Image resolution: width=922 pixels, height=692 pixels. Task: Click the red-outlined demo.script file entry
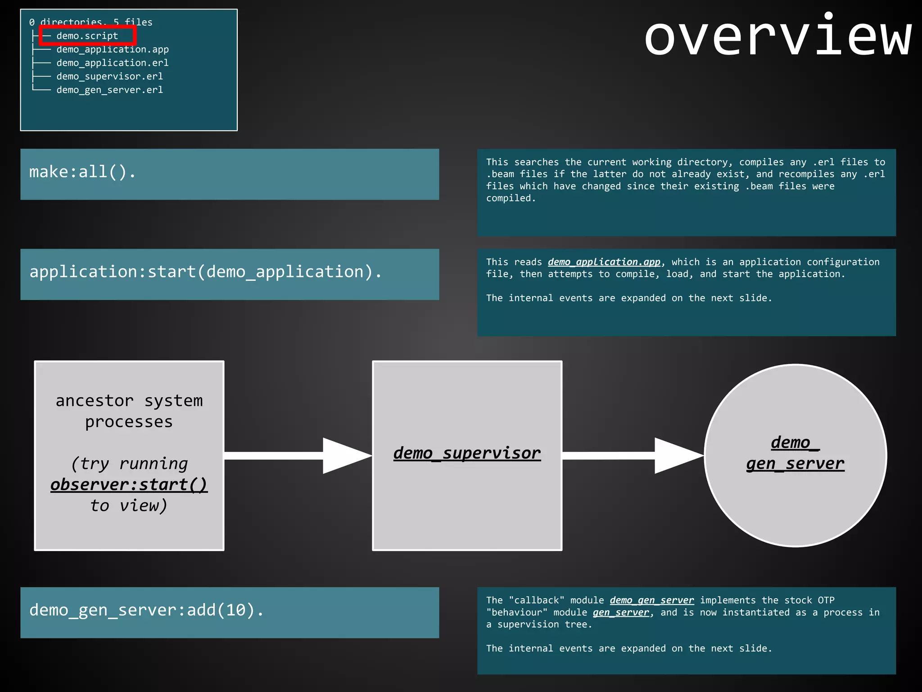pos(87,36)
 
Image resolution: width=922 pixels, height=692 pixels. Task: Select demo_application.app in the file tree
pos(113,50)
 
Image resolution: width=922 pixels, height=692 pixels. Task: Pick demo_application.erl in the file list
pos(113,63)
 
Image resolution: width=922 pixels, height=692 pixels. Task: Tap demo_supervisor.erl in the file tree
pos(109,77)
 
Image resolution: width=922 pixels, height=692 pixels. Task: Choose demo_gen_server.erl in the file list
pos(109,90)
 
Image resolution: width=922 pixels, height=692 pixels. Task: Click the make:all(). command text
pos(82,172)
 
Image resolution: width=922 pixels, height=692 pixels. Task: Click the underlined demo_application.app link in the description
pos(604,262)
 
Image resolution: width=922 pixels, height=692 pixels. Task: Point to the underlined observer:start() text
pos(129,485)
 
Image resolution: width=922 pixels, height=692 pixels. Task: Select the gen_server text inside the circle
pos(795,464)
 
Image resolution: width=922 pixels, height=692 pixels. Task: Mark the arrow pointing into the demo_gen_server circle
pos(633,455)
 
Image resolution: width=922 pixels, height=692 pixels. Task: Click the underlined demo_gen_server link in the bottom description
pos(651,601)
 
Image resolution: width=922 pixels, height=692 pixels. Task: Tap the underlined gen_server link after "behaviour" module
pos(621,613)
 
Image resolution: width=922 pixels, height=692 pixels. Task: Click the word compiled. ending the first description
pos(511,198)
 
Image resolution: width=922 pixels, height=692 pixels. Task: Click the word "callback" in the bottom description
pos(537,601)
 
